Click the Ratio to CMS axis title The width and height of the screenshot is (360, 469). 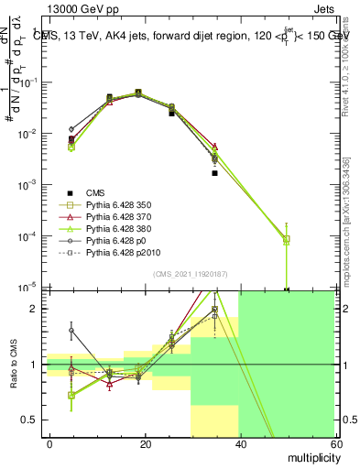(x=12, y=364)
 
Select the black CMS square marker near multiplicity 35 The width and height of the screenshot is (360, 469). (x=214, y=172)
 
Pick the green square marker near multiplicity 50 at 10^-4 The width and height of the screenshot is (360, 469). (x=287, y=239)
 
